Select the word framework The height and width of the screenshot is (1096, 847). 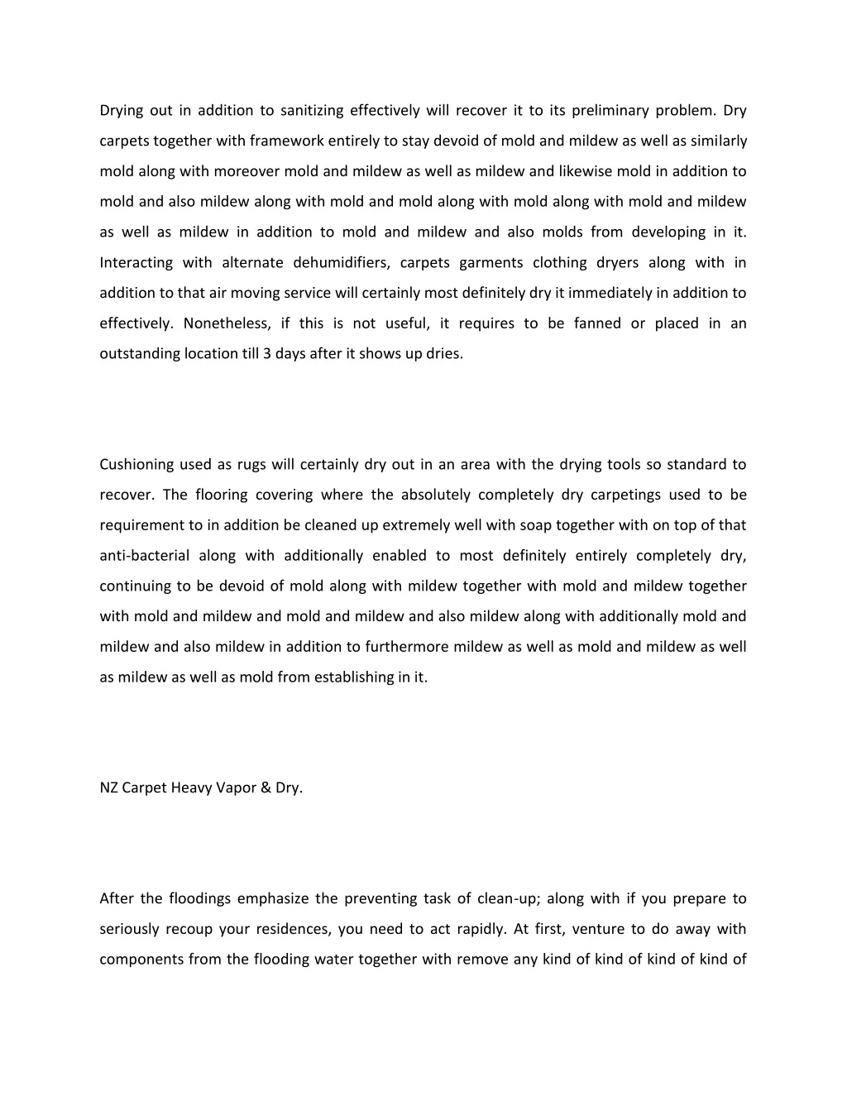[x=278, y=141]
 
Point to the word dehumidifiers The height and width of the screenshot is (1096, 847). [x=341, y=263]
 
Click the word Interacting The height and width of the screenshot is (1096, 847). [x=136, y=263]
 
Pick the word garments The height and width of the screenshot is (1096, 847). [x=491, y=263]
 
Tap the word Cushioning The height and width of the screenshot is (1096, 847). [x=136, y=465]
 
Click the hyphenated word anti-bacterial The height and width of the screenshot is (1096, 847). [x=144, y=556]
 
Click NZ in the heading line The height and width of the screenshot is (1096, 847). [x=108, y=788]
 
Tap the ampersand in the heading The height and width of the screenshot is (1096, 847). [x=265, y=788]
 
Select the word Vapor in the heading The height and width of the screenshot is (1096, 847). [x=237, y=788]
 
